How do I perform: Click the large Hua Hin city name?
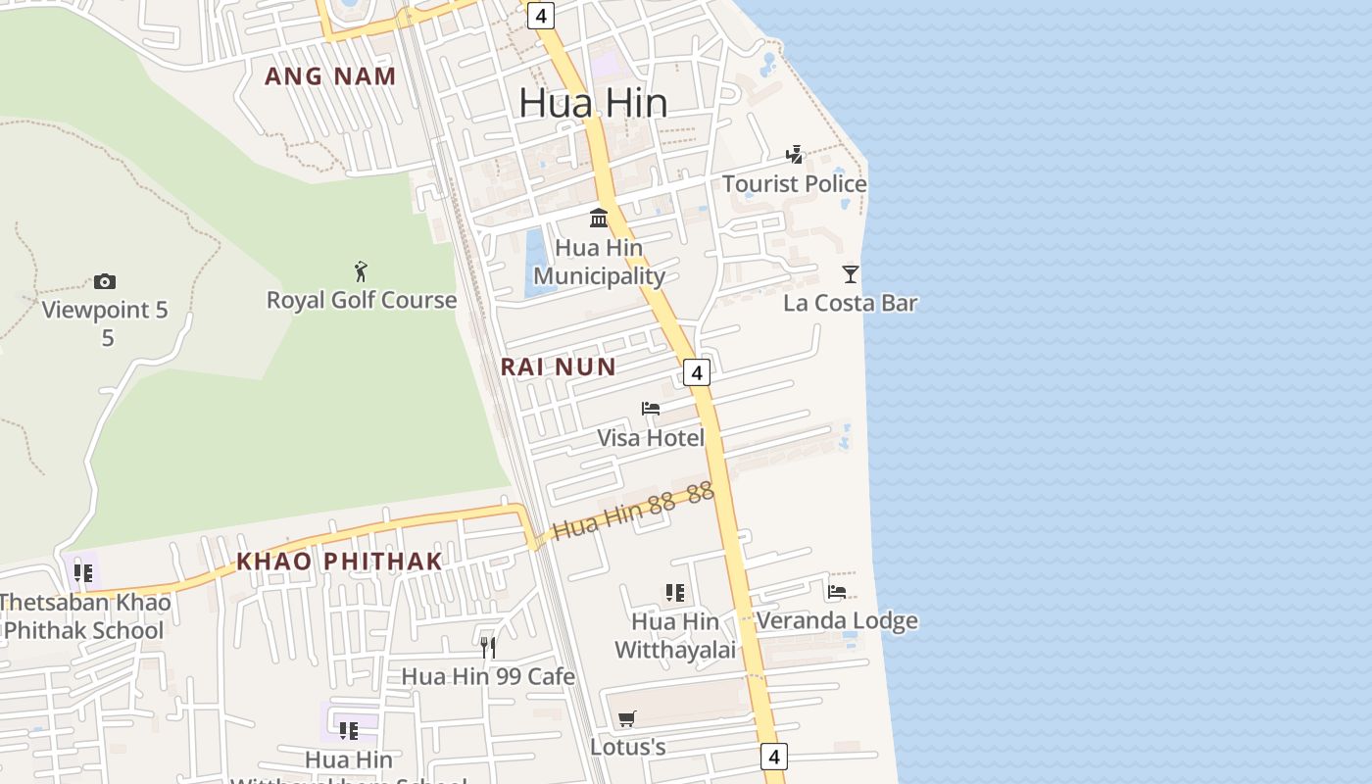pos(593,103)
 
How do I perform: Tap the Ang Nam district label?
pos(330,76)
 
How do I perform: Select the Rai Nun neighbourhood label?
pos(558,367)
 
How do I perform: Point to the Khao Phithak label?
pos(339,562)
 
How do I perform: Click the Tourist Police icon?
pos(794,155)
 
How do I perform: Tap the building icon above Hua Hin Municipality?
pos(598,218)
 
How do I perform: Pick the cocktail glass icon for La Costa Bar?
pos(850,274)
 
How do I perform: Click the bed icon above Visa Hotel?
pos(650,409)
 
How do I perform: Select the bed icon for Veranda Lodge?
pos(836,592)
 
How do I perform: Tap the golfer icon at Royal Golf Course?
pos(361,271)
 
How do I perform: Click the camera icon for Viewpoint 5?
pos(105,282)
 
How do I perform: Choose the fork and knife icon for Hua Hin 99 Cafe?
pos(488,647)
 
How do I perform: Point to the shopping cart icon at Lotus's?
pos(627,718)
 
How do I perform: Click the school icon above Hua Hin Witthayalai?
pos(674,592)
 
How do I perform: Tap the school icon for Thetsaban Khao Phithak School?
pos(82,572)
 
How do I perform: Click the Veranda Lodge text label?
pos(837,620)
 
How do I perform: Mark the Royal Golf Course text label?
pos(362,300)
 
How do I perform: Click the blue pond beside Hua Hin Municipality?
pos(536,263)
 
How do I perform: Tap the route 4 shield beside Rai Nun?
pos(696,372)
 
